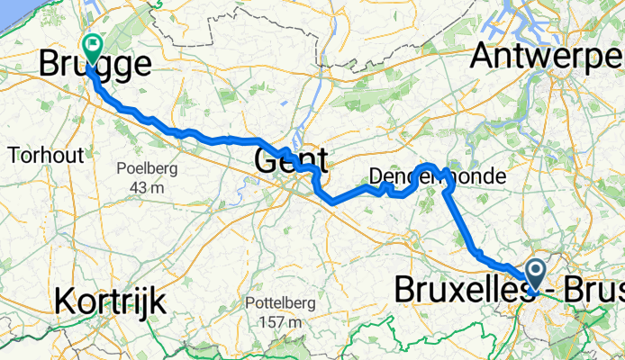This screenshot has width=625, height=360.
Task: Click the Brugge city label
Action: [x=95, y=65]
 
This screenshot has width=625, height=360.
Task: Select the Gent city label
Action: [x=290, y=162]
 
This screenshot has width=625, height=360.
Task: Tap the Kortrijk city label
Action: [x=110, y=301]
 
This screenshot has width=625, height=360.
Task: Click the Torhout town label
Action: [x=46, y=155]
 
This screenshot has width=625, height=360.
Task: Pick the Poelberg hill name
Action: [x=147, y=168]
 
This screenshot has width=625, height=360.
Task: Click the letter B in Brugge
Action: [x=50, y=65]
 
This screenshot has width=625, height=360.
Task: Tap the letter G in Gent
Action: [x=268, y=162]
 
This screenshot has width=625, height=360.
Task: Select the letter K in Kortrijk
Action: [x=65, y=301]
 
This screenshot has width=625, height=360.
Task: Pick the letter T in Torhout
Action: [x=14, y=155]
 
